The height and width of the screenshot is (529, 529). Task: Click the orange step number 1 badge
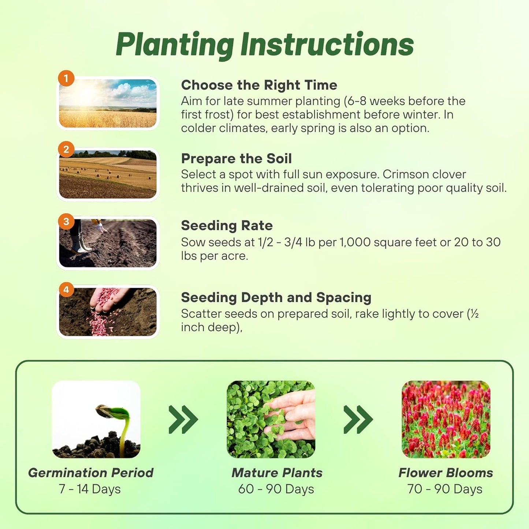coord(66,79)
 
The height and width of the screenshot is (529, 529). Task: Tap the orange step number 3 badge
coord(66,221)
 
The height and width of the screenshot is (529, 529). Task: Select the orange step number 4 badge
coord(66,290)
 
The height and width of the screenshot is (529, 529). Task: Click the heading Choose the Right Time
coord(259,85)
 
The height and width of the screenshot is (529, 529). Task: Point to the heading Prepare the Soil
coord(236,159)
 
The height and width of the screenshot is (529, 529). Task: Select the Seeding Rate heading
coord(227,226)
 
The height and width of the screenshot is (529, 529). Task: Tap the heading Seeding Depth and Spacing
coord(276,297)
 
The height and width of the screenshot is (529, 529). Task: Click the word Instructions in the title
coord(327,45)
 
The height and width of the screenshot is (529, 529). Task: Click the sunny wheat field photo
coord(108,103)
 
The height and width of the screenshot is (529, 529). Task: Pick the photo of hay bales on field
coord(108,174)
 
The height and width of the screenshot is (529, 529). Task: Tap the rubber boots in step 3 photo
coord(80,243)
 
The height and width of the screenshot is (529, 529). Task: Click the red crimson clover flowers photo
coord(446,419)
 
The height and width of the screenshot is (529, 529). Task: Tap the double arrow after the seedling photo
coord(183,419)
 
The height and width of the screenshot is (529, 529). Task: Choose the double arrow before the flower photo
coord(358,419)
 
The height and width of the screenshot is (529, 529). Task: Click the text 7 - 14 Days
coord(90,489)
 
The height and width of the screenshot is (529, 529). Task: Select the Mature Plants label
coord(277,473)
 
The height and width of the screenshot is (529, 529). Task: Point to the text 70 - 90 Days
coord(445,489)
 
